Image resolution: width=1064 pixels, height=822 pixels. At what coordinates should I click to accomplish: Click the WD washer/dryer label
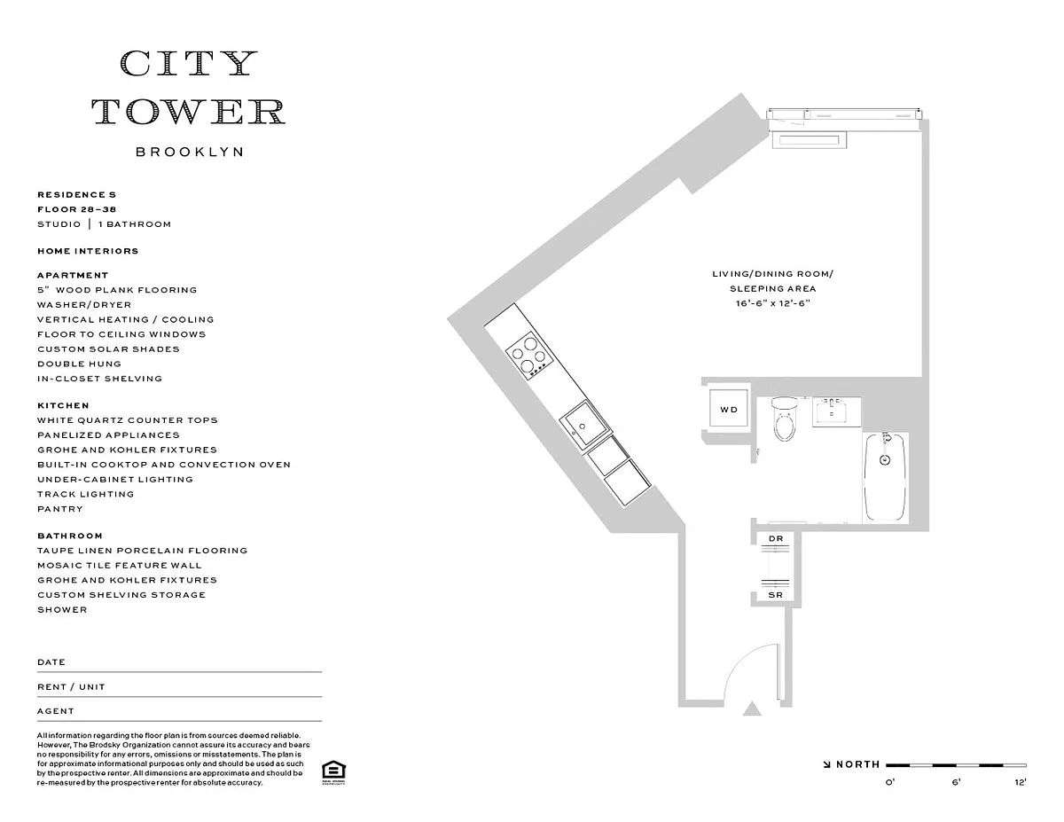point(729,410)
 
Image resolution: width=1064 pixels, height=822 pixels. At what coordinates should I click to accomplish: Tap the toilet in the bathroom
point(784,419)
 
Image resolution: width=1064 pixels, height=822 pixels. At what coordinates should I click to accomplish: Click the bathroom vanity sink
point(836,412)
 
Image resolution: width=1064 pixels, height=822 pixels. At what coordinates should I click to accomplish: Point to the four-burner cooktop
point(529,356)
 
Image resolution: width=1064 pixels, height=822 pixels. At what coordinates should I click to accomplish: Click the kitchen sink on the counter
point(585,425)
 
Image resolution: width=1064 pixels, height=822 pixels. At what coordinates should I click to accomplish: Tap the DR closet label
point(776,538)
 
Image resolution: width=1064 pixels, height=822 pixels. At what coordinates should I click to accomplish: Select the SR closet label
point(776,595)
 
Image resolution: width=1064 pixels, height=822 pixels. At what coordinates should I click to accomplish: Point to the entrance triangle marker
point(752,709)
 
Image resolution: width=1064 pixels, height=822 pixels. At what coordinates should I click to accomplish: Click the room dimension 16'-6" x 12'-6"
point(772,303)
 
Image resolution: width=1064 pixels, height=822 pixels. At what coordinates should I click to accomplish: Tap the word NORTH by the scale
point(858,764)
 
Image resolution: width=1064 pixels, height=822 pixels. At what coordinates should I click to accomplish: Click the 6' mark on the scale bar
point(957,782)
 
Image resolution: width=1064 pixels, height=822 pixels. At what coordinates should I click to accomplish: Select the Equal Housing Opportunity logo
point(333,772)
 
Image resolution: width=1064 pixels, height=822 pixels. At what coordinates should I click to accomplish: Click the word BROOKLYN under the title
point(190,152)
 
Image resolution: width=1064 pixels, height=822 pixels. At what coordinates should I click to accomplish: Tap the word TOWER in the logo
point(189,111)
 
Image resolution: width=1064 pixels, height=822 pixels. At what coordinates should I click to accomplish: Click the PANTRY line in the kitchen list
point(60,509)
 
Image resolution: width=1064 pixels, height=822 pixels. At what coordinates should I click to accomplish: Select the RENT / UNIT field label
point(72,687)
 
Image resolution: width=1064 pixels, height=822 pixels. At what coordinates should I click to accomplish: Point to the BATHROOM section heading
point(70,536)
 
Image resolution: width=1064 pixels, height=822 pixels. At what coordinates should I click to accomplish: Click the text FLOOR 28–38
point(77,209)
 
